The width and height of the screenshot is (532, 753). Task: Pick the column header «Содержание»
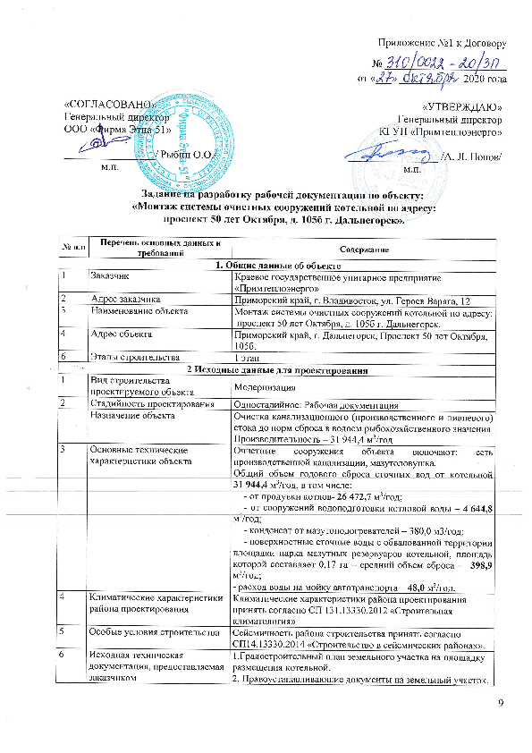coord(361,248)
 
